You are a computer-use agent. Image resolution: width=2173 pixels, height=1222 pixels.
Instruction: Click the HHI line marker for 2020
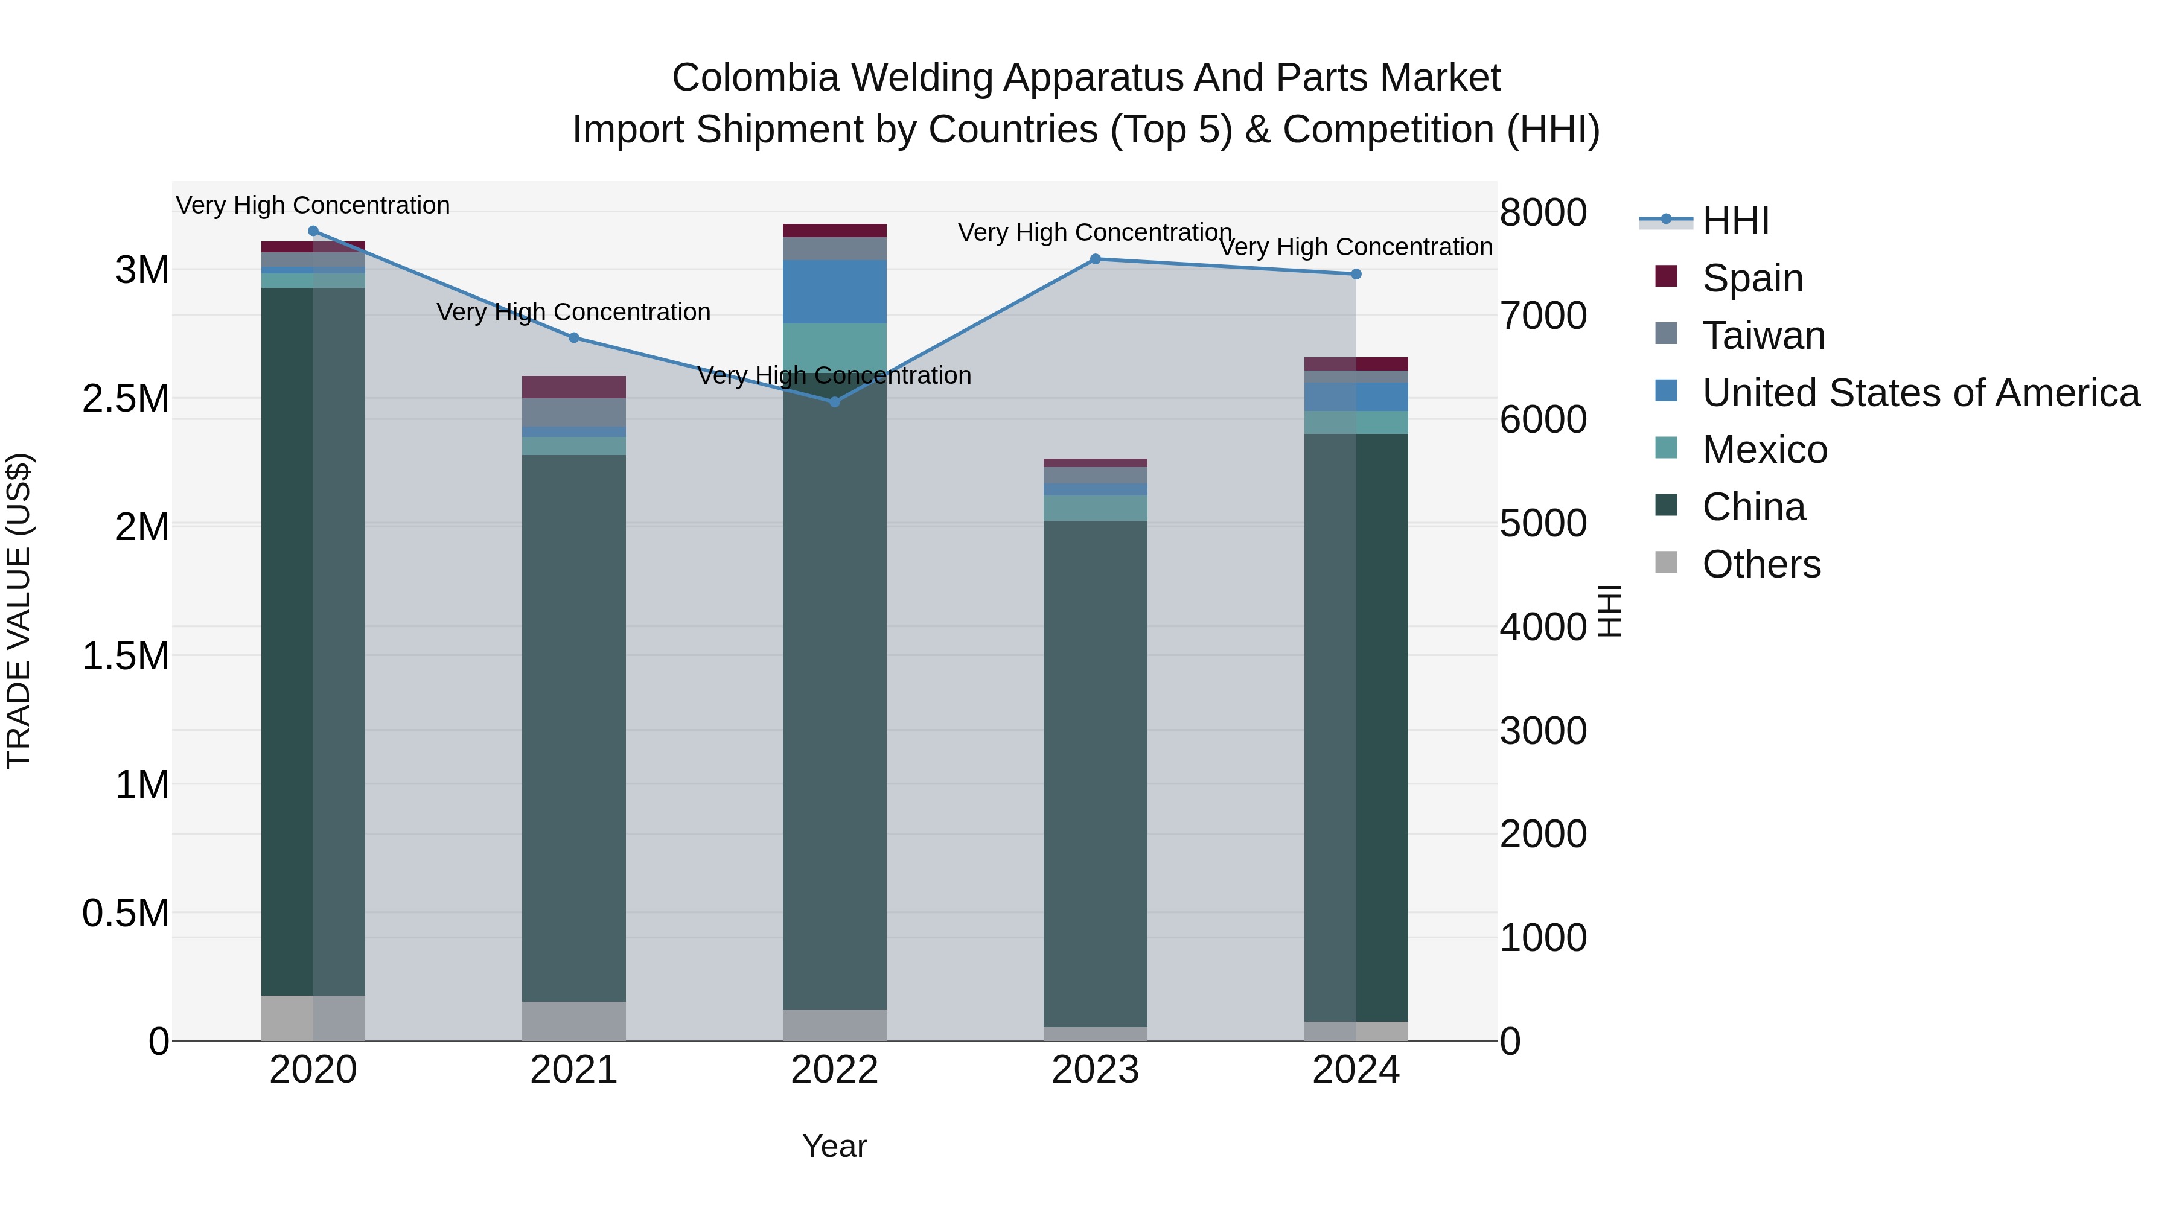[313, 231]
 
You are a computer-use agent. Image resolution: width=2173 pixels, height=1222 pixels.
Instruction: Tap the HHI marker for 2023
[1095, 259]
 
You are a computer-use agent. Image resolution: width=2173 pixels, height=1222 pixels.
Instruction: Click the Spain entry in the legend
[1752, 278]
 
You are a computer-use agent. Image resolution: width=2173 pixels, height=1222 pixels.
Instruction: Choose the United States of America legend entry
[1920, 393]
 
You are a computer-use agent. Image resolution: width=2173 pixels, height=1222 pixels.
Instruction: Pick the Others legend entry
[1761, 564]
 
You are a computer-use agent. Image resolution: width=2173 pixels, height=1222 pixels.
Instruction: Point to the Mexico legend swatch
[1666, 448]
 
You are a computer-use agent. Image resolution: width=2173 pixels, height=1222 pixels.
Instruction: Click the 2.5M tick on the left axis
[125, 399]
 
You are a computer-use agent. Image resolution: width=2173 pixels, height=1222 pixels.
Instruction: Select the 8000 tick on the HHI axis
[1543, 212]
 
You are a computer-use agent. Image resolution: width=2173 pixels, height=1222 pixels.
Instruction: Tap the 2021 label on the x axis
[573, 1070]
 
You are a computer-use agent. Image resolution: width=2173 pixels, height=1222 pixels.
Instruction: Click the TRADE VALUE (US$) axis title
[19, 611]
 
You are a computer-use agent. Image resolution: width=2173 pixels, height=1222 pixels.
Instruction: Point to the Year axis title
[834, 1146]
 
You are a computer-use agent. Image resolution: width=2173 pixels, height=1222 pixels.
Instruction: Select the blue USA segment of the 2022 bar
[834, 292]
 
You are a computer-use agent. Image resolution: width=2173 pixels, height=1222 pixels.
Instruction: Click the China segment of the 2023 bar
[1095, 772]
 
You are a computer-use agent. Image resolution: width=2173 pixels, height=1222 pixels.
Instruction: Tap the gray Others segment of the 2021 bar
[573, 1020]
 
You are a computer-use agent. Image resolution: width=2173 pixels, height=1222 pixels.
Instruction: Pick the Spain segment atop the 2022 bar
[834, 231]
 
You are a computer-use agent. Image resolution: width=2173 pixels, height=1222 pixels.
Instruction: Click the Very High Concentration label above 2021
[573, 312]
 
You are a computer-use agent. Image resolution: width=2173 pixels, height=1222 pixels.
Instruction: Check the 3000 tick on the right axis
[1543, 730]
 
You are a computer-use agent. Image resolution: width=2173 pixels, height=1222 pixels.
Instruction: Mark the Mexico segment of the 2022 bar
[834, 346]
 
